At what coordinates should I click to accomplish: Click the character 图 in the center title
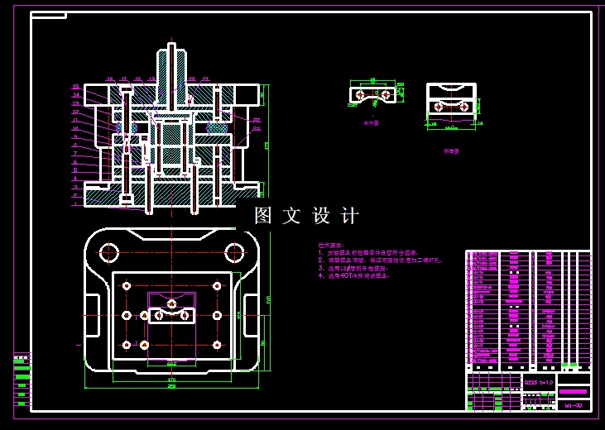click(263, 216)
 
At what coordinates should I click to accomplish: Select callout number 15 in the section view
click(75, 87)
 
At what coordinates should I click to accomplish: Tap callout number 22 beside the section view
click(257, 120)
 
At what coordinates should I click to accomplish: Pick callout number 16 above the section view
click(109, 79)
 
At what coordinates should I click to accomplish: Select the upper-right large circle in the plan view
click(235, 251)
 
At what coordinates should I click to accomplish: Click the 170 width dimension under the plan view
click(171, 380)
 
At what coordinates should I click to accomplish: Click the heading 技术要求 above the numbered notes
click(329, 246)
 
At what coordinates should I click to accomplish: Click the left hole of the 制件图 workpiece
click(360, 95)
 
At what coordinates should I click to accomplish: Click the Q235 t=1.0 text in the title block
click(538, 383)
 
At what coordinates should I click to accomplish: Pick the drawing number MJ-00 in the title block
click(573, 406)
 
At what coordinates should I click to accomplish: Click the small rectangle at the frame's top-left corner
click(48, 15)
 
